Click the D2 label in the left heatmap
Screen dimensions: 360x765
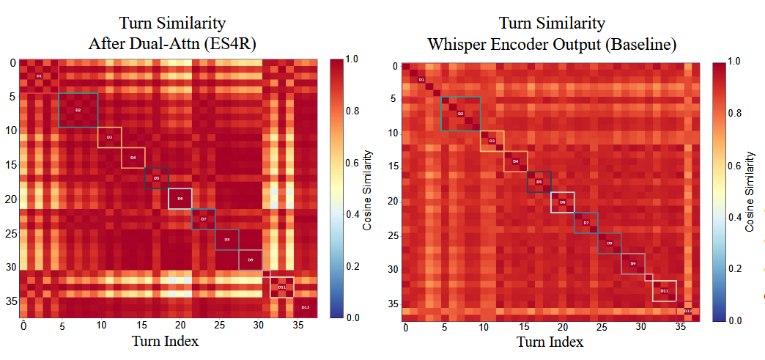[78, 110]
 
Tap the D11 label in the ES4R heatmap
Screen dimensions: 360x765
[281, 287]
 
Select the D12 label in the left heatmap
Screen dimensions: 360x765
[306, 307]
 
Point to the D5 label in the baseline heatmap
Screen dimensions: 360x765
[539, 182]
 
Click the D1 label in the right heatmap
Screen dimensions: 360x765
[421, 80]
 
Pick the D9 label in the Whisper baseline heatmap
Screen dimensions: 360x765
[633, 263]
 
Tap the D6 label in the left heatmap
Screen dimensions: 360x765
[180, 199]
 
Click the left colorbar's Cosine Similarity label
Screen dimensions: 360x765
[368, 191]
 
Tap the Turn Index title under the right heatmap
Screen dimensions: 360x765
[550, 342]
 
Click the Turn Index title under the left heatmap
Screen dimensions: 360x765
[165, 341]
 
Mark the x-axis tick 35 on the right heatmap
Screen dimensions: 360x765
[679, 327]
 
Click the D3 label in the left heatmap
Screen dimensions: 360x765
[109, 137]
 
